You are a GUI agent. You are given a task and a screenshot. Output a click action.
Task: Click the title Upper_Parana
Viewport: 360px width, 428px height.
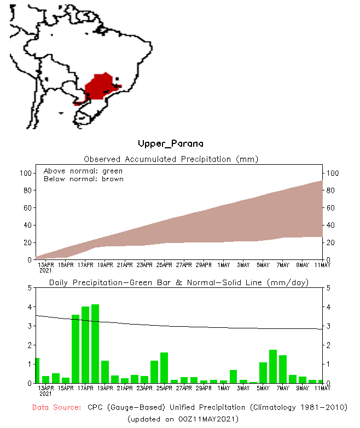click(171, 144)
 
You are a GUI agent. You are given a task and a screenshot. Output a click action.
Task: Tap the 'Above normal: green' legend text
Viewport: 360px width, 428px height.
click(83, 171)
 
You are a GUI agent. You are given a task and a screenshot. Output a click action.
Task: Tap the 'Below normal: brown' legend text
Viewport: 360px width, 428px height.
click(83, 179)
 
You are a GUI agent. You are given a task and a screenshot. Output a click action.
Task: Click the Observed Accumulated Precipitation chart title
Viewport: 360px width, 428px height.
click(171, 159)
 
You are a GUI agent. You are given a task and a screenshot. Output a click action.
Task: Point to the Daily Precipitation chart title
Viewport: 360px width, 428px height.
click(179, 282)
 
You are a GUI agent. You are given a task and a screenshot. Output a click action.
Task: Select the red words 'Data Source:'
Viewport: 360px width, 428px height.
click(56, 408)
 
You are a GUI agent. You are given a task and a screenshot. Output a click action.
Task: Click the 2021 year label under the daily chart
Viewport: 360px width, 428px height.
click(46, 393)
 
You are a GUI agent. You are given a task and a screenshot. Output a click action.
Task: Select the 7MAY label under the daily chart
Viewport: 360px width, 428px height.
click(283, 388)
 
